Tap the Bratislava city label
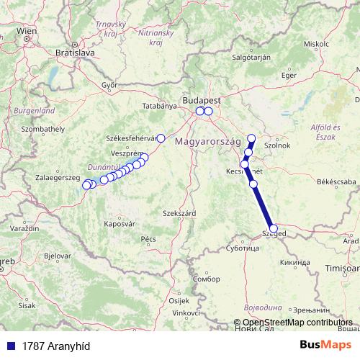click(x=75, y=53)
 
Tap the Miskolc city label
click(x=316, y=44)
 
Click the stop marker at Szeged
click(x=273, y=229)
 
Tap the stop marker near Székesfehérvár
click(x=161, y=138)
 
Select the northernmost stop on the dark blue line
click(x=251, y=138)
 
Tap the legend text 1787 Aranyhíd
click(x=51, y=345)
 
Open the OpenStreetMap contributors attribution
click(x=297, y=322)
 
